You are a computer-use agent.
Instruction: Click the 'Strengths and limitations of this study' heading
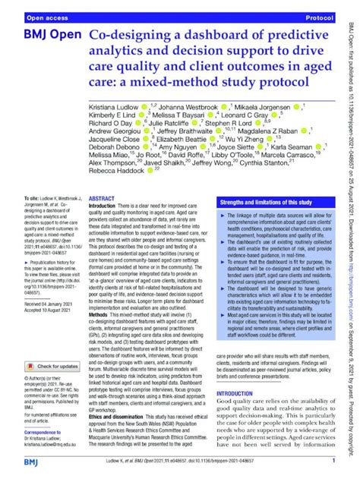tap(264, 203)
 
